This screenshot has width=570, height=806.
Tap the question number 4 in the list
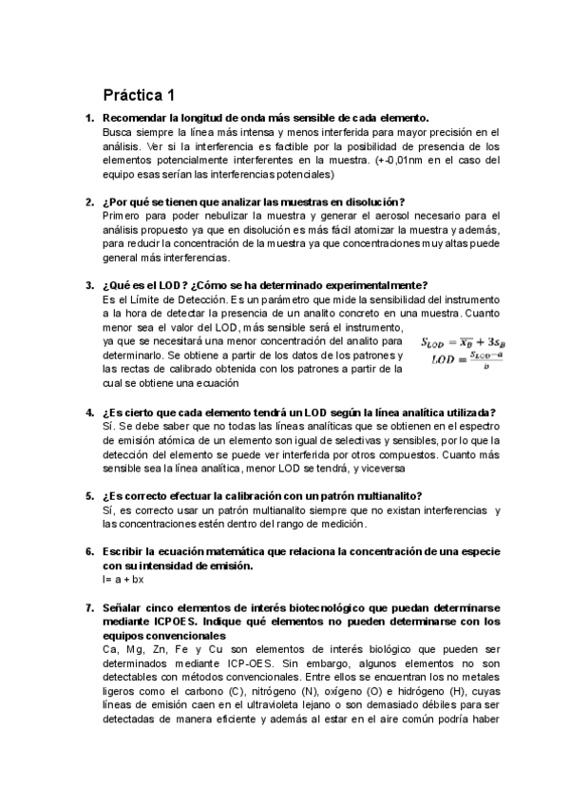pyautogui.click(x=89, y=413)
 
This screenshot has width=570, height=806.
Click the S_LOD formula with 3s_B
pyautogui.click(x=465, y=340)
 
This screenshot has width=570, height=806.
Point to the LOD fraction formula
pyautogui.click(x=465, y=359)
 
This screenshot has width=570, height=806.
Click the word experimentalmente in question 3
pyautogui.click(x=376, y=285)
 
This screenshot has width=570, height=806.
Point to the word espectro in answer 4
pyautogui.click(x=478, y=427)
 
